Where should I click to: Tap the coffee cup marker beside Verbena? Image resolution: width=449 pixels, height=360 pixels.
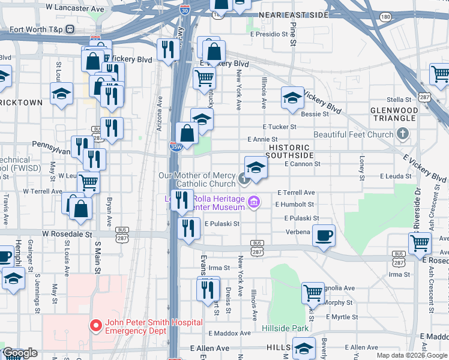tap(324, 235)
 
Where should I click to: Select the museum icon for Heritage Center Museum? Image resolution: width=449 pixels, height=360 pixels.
tap(254, 203)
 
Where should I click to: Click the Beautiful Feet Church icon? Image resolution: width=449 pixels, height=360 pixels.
tap(403, 134)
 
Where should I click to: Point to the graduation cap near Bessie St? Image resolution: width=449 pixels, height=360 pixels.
tap(292, 97)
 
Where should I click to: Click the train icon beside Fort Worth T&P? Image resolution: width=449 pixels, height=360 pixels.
tap(70, 28)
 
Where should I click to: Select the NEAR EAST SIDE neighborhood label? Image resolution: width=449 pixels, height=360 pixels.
tap(292, 14)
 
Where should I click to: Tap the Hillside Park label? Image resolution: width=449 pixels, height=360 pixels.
tap(285, 328)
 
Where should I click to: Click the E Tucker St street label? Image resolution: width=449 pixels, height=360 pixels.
tap(280, 127)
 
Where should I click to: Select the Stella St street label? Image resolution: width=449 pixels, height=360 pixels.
tap(399, 100)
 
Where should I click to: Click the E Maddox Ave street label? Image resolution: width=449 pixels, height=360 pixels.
tap(229, 333)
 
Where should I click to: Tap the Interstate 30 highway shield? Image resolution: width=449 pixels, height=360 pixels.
tap(185, 9)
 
